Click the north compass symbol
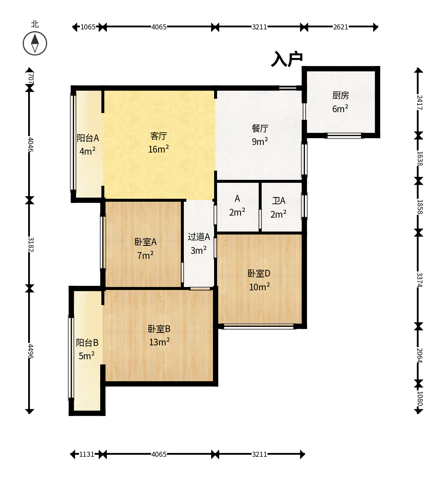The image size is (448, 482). (35, 43)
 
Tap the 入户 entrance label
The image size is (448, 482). (287, 59)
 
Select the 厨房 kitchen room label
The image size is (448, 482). (340, 95)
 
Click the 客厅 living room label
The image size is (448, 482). (159, 136)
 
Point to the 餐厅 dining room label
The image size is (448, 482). (260, 129)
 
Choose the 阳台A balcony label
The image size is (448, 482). (87, 138)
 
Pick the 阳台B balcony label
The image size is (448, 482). (87, 342)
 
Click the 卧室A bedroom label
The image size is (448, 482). (145, 242)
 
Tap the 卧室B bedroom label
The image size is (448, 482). (159, 329)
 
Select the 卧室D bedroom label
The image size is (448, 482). (259, 273)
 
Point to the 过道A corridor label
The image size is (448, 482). (199, 237)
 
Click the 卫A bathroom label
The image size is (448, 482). (278, 201)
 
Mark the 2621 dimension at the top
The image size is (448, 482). (341, 27)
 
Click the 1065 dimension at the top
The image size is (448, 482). (88, 27)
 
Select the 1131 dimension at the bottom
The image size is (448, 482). (87, 454)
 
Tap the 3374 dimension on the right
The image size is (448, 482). (419, 279)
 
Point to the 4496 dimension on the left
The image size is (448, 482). (30, 351)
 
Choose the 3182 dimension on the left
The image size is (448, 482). (30, 245)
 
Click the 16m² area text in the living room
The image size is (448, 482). (159, 149)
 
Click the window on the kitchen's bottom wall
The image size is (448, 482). (344, 136)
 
